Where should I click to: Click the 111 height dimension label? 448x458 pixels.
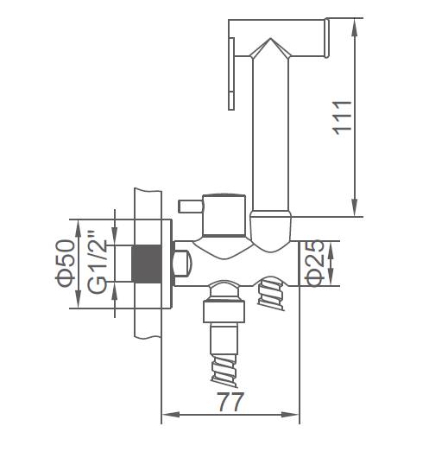click(x=343, y=118)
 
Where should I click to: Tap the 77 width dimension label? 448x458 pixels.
click(x=230, y=402)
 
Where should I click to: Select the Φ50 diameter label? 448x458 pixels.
click(x=65, y=263)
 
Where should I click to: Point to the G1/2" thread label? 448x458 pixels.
click(x=98, y=262)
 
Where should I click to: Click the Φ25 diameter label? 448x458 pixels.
click(x=314, y=264)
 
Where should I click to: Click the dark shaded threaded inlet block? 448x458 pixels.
click(x=147, y=264)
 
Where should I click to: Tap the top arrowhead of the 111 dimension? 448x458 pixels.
click(x=355, y=29)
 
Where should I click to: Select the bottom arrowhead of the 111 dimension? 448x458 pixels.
click(x=355, y=207)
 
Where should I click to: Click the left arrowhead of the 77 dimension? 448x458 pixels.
click(x=171, y=415)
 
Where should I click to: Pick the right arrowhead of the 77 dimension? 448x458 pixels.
click(x=290, y=415)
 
